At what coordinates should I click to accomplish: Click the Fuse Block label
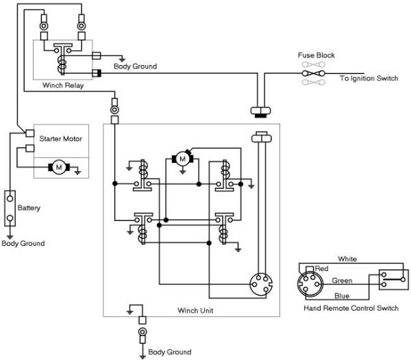(x=316, y=55)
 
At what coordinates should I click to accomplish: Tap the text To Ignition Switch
(x=369, y=79)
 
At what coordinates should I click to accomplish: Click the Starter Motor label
(x=62, y=139)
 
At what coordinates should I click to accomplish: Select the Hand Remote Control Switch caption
(x=351, y=309)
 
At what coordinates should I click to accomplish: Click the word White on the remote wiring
(x=348, y=259)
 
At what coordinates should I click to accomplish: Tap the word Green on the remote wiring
(x=342, y=280)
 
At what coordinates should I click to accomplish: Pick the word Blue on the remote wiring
(x=342, y=295)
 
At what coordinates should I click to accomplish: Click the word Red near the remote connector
(x=322, y=269)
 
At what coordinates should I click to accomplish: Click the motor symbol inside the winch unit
(x=182, y=159)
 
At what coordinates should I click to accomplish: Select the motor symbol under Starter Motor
(x=59, y=166)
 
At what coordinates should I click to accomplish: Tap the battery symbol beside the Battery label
(x=10, y=207)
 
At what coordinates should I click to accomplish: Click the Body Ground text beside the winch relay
(x=135, y=66)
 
